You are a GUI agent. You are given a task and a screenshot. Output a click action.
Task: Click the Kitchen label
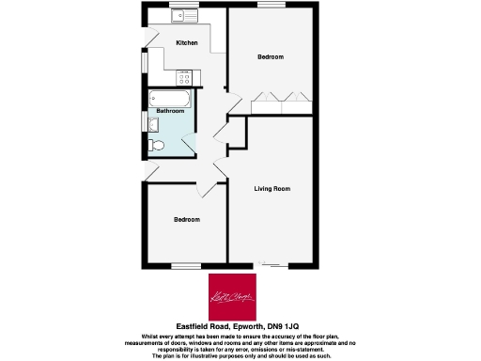coord(186,43)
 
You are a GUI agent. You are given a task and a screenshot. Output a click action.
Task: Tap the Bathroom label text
coord(170,111)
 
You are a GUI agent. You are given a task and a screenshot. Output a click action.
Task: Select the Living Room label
coord(272,189)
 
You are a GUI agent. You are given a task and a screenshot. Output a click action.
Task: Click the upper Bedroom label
coord(271,57)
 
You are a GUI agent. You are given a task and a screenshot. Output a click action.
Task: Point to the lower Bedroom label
coord(186,220)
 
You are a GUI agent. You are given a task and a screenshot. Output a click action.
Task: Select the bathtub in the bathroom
coord(169,98)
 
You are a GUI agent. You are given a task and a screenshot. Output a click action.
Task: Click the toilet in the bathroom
coord(157,144)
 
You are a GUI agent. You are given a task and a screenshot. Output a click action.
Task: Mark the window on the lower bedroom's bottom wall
coord(186,265)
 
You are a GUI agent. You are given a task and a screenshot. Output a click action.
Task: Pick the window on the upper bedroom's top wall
coord(271,7)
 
